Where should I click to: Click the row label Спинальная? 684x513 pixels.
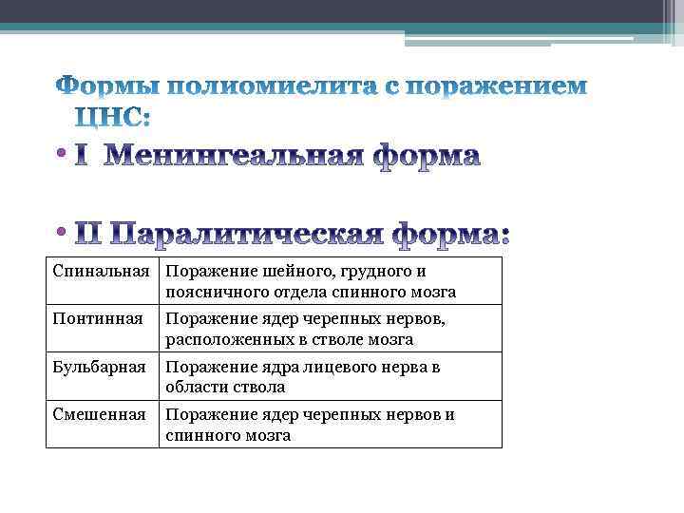tap(100, 272)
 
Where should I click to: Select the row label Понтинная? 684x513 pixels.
tap(97, 319)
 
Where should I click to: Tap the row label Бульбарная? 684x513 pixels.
tap(100, 367)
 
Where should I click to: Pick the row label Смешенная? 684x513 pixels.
tap(99, 414)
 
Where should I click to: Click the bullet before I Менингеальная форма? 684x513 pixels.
tap(61, 155)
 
